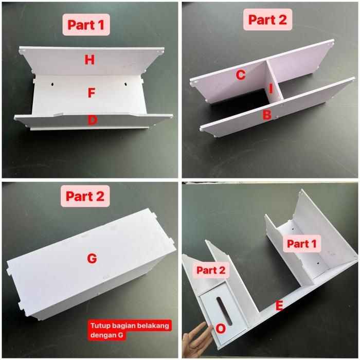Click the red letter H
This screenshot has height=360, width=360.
tap(89, 60)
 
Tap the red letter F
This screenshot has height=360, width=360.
tap(92, 93)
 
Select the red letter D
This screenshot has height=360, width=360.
tap(92, 120)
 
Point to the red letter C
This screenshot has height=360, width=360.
tap(241, 75)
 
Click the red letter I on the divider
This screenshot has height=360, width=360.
tap(271, 88)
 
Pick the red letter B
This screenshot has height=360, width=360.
tap(267, 115)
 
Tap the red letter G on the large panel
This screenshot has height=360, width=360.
tap(92, 259)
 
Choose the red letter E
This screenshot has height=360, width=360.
tap(279, 306)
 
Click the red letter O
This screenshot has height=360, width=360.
tap(221, 329)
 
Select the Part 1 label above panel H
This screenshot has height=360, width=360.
tap(86, 25)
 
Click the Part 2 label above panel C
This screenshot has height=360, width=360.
tap(268, 20)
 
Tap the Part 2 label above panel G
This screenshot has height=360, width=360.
tap(85, 196)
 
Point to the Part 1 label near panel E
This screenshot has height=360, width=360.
tap(302, 244)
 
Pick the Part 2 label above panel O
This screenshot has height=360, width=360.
tap(211, 270)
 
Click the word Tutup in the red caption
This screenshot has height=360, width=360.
tap(99, 326)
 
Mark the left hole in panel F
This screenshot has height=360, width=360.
tap(52, 84)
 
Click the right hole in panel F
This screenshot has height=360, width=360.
tap(126, 84)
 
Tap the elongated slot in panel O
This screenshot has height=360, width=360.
tap(224, 311)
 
